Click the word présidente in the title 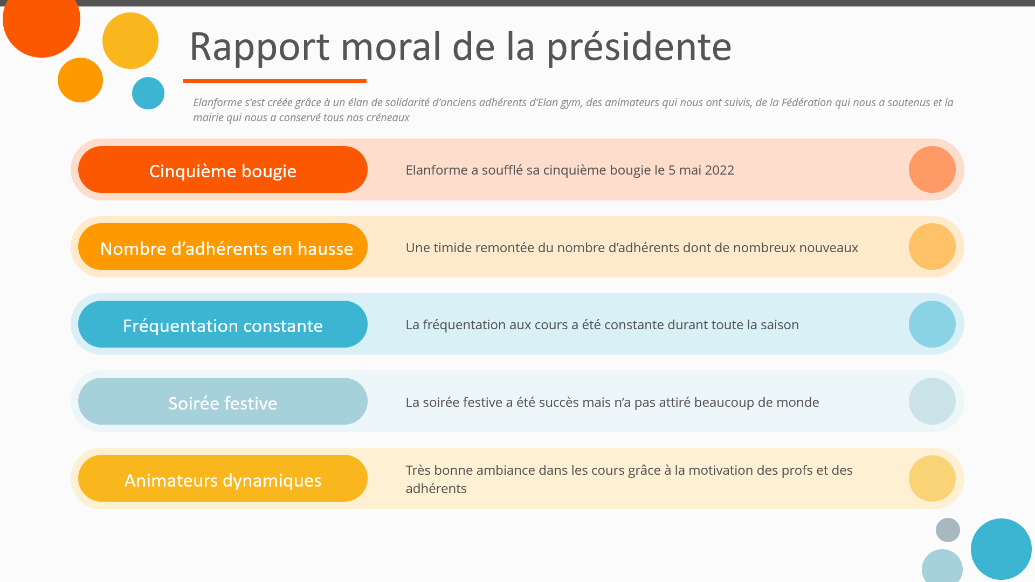point(639,47)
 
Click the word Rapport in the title point(259,47)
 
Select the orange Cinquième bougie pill point(223,170)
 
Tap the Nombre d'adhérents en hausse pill point(223,247)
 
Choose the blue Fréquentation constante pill point(223,324)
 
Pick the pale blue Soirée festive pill point(223,401)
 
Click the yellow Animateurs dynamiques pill point(223,479)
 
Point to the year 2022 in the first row point(719,170)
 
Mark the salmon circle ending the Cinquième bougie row point(932,170)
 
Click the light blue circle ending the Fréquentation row point(932,324)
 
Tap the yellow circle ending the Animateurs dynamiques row point(932,479)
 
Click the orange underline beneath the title point(275,81)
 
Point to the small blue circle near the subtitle point(148,93)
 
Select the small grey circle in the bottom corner point(948,530)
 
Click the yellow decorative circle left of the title point(130,41)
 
